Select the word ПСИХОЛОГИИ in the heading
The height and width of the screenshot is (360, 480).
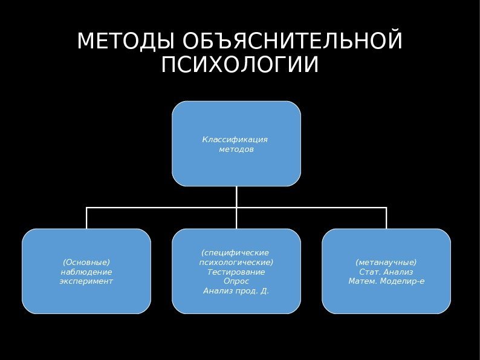pyautogui.click(x=239, y=65)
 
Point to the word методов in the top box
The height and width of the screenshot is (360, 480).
pyautogui.click(x=236, y=149)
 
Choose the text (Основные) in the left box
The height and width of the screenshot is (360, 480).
pyautogui.click(x=86, y=262)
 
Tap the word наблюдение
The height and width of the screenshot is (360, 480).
pyautogui.click(x=86, y=272)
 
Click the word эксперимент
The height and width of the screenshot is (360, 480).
pyautogui.click(x=86, y=281)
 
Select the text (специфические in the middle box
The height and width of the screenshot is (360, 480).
pyautogui.click(x=235, y=252)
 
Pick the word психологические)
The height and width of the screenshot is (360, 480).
pyautogui.click(x=236, y=262)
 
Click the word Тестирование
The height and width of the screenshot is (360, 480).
pyautogui.click(x=236, y=272)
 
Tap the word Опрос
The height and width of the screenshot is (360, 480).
pyautogui.click(x=236, y=281)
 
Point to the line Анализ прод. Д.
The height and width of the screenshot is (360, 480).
pyautogui.click(x=236, y=291)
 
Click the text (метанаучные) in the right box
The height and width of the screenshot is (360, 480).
pyautogui.click(x=386, y=262)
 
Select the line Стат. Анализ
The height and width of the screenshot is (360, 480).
pyautogui.click(x=386, y=272)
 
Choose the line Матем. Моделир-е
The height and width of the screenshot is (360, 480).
pyautogui.click(x=386, y=281)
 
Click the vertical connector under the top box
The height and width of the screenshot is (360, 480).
pyautogui.click(x=236, y=196)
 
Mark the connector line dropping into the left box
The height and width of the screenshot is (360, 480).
pyautogui.click(x=87, y=218)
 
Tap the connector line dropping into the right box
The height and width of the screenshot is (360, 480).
pyautogui.click(x=386, y=218)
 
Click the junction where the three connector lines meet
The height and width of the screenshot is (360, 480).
pyautogui.click(x=236, y=208)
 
